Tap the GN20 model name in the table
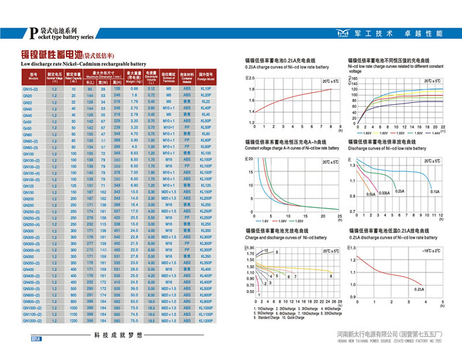click(28, 96)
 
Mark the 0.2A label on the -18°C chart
click(419, 289)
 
